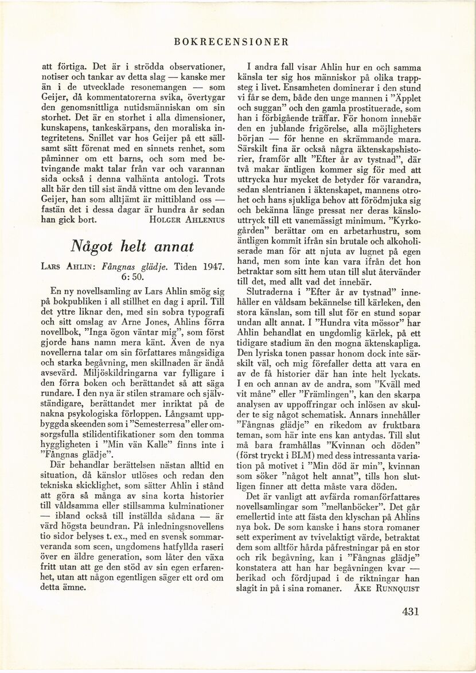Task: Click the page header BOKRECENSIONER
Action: pos(237,42)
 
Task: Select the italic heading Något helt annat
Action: pos(134,246)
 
